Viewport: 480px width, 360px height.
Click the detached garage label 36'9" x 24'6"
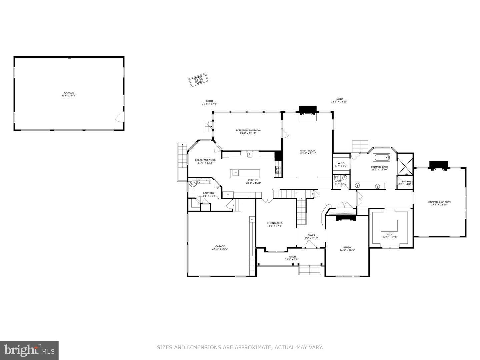click(69, 94)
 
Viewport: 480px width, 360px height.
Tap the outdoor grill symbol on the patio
click(198, 80)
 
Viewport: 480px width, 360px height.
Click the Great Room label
click(307, 152)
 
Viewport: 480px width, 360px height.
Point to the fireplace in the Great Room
click(307, 111)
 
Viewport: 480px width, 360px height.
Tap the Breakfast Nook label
click(205, 161)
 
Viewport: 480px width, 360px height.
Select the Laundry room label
click(209, 194)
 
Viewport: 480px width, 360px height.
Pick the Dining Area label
click(275, 224)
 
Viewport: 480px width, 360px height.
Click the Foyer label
click(311, 237)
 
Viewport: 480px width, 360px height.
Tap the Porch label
click(292, 258)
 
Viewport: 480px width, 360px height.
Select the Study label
click(347, 249)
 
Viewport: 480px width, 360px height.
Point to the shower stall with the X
click(405, 165)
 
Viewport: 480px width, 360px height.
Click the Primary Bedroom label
click(439, 203)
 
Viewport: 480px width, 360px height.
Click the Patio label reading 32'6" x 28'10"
click(339, 100)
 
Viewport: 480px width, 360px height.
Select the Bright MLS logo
click(29, 350)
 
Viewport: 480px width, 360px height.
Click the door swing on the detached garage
click(119, 117)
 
